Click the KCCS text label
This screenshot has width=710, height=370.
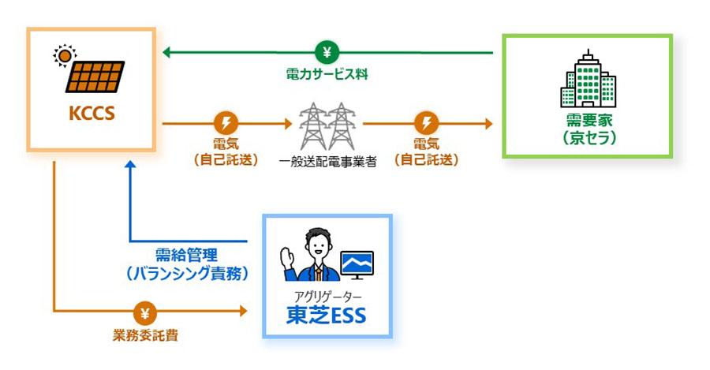(x=92, y=114)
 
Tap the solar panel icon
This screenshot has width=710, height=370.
(x=95, y=77)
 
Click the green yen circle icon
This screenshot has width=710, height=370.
(x=327, y=53)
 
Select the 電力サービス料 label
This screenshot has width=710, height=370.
(x=327, y=74)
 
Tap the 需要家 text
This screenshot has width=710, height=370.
(x=589, y=120)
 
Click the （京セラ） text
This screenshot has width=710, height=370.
(x=589, y=138)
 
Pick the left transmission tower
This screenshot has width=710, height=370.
(x=313, y=126)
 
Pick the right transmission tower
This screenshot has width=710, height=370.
(x=341, y=126)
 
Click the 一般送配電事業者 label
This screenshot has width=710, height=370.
(x=327, y=162)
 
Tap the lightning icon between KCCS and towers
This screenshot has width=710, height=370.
(x=226, y=123)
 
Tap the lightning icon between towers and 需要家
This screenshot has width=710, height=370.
(x=426, y=123)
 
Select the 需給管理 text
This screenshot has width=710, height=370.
(x=186, y=255)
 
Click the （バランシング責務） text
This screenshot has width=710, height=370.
(x=186, y=273)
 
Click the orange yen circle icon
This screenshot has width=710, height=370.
(x=145, y=312)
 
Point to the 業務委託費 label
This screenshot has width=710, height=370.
(x=145, y=335)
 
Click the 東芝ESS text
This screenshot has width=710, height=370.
(x=326, y=316)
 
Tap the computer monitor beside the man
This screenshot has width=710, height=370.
(x=357, y=265)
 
